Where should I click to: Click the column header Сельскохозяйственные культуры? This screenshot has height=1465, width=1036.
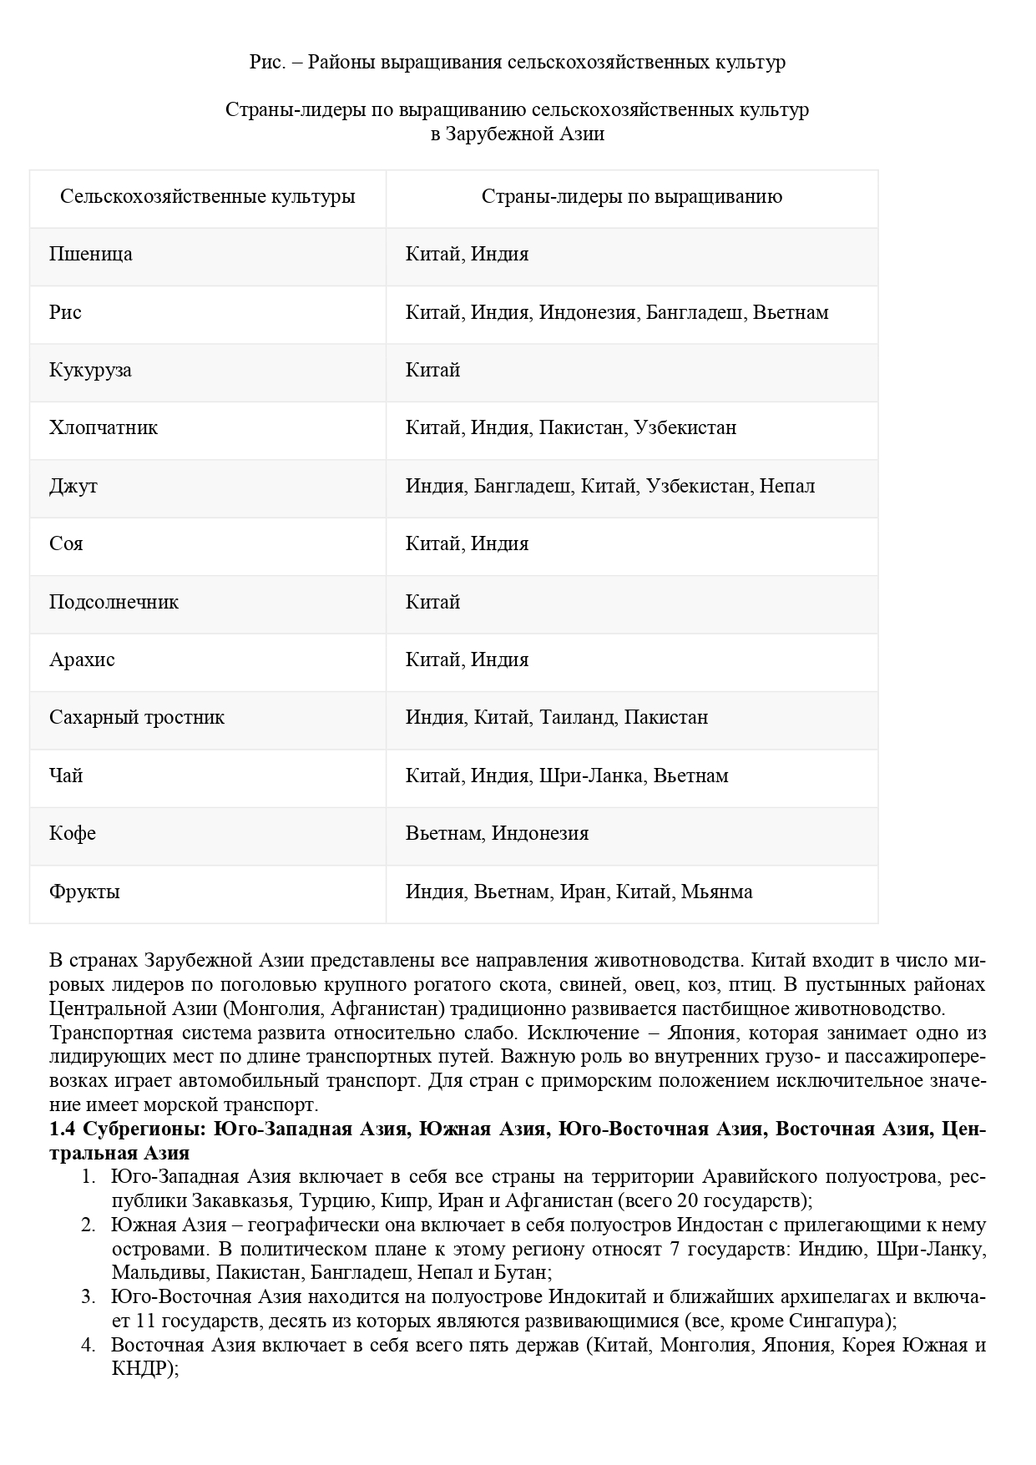[x=207, y=197]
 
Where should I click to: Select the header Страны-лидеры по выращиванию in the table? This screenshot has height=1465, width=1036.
[x=631, y=197]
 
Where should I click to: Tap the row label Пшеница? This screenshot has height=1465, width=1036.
[x=90, y=255]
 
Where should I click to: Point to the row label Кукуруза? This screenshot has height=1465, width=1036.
[x=90, y=371]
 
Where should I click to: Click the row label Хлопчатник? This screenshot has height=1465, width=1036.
[x=104, y=428]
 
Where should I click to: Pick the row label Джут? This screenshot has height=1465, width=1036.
[x=73, y=487]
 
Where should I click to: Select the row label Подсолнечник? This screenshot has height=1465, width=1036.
[x=114, y=603]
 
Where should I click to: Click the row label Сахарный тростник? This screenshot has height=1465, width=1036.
[x=137, y=718]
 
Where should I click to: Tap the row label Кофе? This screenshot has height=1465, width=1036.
[x=73, y=834]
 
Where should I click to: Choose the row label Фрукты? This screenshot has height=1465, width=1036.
[x=84, y=892]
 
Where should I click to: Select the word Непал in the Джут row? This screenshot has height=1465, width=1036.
[x=786, y=487]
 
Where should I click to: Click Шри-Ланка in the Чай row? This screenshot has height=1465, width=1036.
[x=592, y=776]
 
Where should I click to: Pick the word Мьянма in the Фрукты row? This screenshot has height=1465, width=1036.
[x=716, y=892]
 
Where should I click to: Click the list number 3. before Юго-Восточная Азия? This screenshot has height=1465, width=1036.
[x=88, y=1298]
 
